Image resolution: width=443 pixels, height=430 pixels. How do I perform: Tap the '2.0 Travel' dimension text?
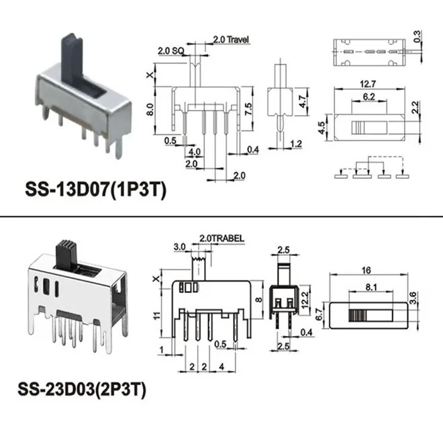tap(230, 40)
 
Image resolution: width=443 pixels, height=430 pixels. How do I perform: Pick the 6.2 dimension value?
tap(368, 97)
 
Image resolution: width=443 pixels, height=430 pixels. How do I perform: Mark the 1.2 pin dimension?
tap(297, 144)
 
